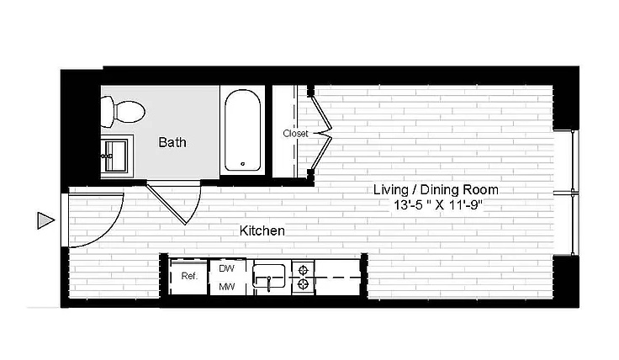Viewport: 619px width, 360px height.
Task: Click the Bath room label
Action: [172, 142]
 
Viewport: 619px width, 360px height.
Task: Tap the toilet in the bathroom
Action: [123, 111]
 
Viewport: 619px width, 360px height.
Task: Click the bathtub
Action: [242, 130]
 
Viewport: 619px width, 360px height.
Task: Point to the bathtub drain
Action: [243, 164]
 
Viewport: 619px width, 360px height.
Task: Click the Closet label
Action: [295, 134]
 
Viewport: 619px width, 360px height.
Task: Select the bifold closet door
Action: [320, 133]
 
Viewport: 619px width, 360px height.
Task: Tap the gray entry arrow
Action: [45, 220]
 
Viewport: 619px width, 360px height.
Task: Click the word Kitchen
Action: [262, 230]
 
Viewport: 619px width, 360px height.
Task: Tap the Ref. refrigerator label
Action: [189, 277]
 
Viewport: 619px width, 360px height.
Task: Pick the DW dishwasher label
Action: [226, 268]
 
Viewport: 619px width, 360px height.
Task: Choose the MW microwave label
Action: [226, 287]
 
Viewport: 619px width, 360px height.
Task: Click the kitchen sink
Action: [269, 276]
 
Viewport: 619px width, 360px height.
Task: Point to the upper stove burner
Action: [303, 270]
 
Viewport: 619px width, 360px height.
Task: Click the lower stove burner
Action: [303, 283]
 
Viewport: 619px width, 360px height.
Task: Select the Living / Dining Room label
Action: [436, 190]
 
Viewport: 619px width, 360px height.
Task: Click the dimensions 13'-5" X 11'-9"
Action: [438, 205]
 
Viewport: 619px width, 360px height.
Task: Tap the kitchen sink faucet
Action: [268, 283]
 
